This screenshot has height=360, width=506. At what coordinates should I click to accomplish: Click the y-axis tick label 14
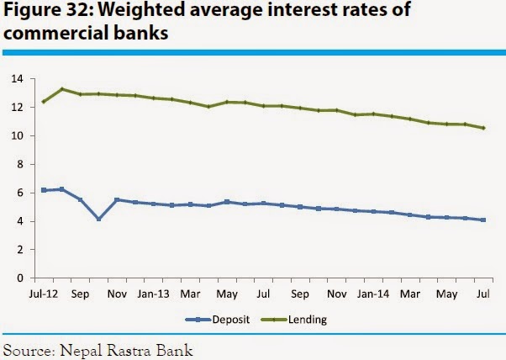pos(16,79)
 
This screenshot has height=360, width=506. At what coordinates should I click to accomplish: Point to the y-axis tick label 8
pos(18,164)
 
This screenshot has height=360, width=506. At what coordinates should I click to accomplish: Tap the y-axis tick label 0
pos(18,278)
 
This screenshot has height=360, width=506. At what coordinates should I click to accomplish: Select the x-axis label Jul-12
pos(44,295)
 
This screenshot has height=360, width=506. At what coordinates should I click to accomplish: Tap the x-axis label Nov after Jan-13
pos(336,295)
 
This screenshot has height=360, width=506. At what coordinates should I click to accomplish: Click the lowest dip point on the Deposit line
pos(98,220)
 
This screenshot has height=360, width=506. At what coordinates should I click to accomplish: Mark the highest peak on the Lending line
pos(62,88)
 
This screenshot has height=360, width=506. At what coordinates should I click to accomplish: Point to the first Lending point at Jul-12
pos(44,102)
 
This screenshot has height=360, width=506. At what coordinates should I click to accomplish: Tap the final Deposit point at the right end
pos(482,220)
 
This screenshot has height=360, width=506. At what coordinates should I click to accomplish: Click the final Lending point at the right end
pos(482,128)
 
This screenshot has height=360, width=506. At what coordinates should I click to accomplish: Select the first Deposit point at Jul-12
pos(44,190)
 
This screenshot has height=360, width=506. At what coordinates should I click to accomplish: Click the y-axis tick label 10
pos(16,135)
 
